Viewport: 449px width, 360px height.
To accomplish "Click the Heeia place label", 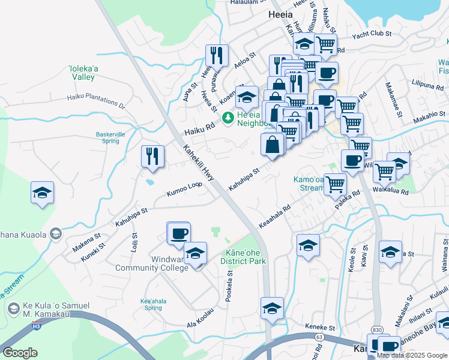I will pos(281,14).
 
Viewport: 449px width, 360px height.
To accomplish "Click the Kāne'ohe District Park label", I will pos(245,257).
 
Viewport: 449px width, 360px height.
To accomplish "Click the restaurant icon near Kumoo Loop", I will pos(152,156).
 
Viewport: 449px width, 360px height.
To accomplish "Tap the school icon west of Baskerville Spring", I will pos(42,193).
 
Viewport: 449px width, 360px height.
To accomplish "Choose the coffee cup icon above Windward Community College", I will pos(178,233).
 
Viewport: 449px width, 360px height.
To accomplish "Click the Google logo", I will pos(20,353).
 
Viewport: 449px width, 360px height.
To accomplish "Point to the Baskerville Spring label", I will pos(107,137).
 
